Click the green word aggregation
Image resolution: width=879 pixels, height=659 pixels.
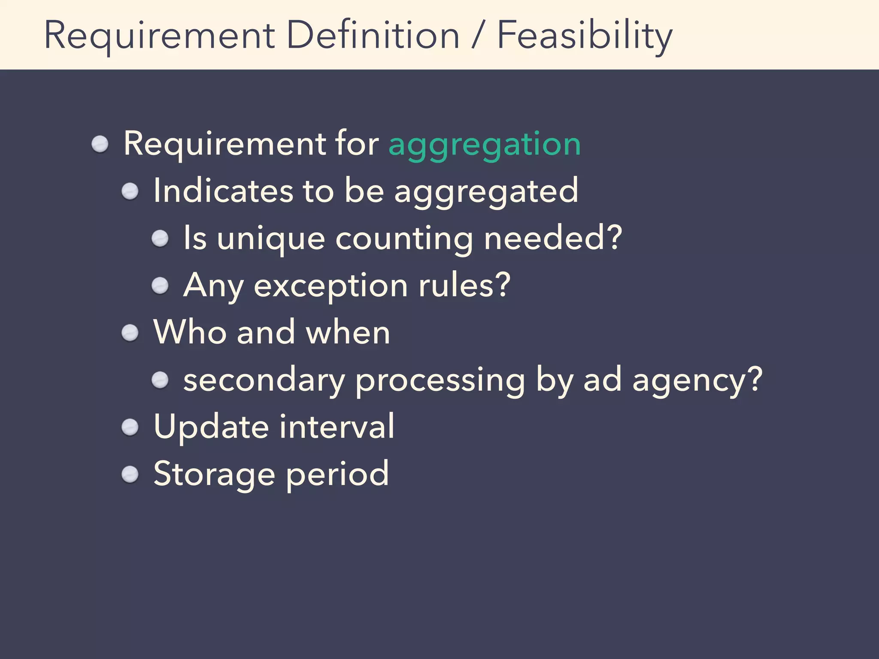coord(484,144)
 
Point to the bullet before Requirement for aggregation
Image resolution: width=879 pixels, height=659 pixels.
coord(100,144)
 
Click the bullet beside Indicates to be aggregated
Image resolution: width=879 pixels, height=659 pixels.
coord(130,191)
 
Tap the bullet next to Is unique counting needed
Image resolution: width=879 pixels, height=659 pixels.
coord(160,239)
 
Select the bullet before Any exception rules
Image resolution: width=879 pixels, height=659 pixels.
coord(160,286)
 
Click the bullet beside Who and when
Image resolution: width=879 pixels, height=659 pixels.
coord(130,333)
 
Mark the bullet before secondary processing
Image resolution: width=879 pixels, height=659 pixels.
coord(160,380)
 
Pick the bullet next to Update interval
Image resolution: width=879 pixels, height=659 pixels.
coord(130,427)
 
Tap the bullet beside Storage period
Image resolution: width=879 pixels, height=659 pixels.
coord(130,475)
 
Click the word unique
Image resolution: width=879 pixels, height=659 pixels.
coord(271,239)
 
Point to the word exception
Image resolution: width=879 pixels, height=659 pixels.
coord(330,286)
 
